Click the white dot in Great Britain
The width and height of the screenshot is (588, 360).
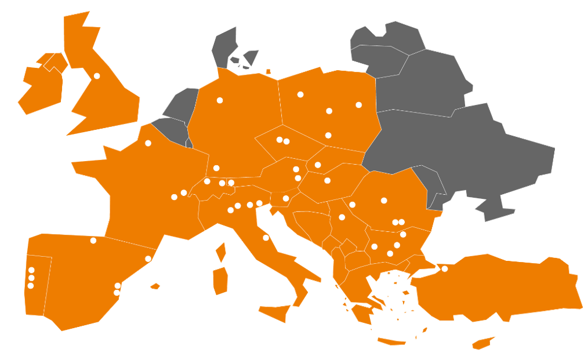97,76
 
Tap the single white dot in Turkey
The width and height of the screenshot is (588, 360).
445,268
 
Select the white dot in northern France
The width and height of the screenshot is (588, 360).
148,143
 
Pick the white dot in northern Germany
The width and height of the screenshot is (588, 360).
220,100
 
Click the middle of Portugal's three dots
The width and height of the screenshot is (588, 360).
31,278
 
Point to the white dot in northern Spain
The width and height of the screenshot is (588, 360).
93,241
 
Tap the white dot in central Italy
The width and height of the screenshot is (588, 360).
266,238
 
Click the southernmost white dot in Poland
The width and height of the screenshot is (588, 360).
328,135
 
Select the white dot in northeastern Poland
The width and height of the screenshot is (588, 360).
359,105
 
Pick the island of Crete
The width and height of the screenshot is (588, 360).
391,341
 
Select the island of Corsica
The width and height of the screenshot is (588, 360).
220,252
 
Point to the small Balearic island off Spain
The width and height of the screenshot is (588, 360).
155,286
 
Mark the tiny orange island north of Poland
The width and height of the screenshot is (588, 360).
268,72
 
